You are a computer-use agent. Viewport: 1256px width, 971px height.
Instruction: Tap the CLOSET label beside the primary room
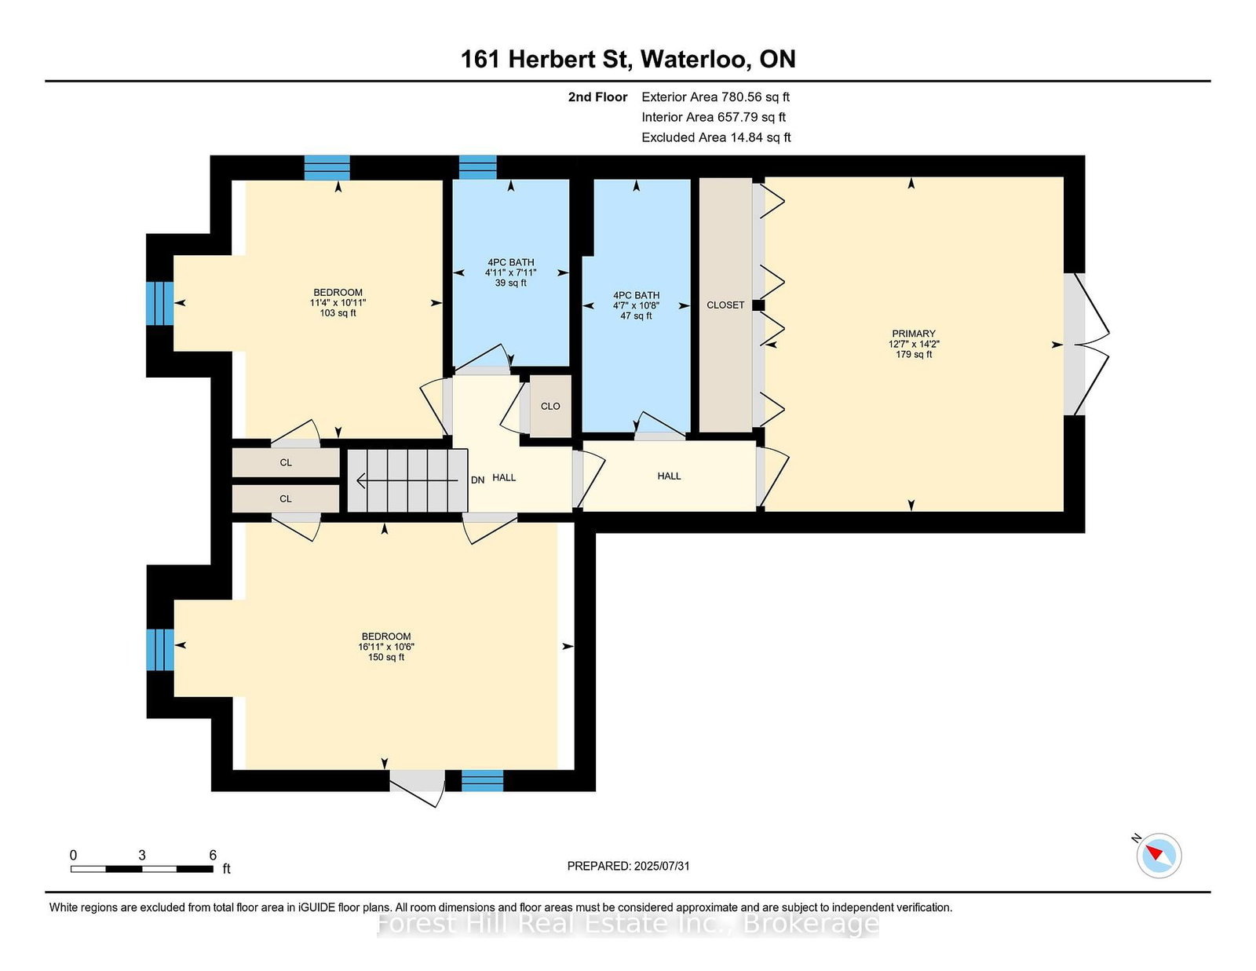[725, 305]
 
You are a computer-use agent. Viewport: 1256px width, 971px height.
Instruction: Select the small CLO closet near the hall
[550, 406]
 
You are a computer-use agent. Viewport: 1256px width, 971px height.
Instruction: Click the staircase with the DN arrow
[407, 480]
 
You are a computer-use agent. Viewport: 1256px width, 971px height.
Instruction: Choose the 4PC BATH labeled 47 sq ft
[636, 305]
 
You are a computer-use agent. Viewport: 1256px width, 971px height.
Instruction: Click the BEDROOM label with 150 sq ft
[385, 646]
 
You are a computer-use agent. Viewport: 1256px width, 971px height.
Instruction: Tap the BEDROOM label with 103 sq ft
[338, 302]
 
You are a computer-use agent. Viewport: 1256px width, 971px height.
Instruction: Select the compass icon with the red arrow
[1159, 855]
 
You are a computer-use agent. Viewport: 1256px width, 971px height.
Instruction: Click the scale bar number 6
[213, 855]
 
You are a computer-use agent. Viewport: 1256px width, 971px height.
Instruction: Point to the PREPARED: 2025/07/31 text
[628, 866]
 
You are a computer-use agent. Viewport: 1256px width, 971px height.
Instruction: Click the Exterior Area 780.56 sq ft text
[715, 97]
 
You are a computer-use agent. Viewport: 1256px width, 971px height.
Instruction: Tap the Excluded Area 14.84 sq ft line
[716, 137]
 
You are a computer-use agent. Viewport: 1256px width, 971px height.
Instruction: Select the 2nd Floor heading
[597, 97]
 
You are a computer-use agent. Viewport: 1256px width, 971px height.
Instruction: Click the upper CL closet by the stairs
[286, 462]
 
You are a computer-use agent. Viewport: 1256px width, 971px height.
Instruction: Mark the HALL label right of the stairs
[504, 477]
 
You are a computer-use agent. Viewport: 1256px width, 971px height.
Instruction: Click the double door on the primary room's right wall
[1087, 344]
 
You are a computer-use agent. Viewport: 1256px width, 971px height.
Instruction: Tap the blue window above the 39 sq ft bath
[477, 167]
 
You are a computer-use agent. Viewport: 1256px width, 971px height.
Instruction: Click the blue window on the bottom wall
[482, 779]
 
